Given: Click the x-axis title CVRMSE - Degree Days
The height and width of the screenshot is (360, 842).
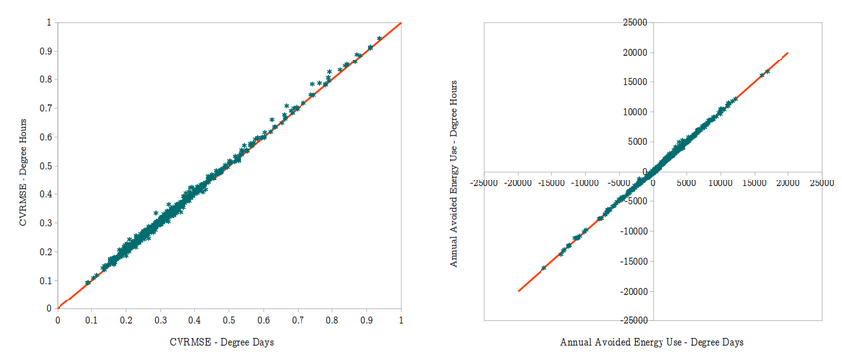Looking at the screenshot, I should click(227, 341).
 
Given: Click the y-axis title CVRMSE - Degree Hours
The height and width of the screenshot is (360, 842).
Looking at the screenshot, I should click(21, 165).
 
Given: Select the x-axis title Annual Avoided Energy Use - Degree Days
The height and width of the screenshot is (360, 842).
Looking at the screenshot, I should click(651, 341).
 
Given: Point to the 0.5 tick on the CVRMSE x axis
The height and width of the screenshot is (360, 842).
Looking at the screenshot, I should click(228, 321).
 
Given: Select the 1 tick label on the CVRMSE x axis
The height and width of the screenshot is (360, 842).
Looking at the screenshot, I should click(400, 321).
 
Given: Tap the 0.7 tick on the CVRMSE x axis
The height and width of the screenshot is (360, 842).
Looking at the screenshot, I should click(297, 321).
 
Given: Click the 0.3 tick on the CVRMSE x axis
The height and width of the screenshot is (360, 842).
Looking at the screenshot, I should click(160, 321).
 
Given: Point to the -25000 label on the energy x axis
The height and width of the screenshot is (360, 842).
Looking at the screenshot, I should click(484, 182).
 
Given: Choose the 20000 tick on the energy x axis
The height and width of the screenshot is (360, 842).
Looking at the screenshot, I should click(788, 182).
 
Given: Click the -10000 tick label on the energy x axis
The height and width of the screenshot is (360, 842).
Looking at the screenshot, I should click(585, 182).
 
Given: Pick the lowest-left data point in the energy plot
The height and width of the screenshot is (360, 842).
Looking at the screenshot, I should click(543, 268).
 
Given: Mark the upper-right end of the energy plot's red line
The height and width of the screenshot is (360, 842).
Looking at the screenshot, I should click(788, 53).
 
